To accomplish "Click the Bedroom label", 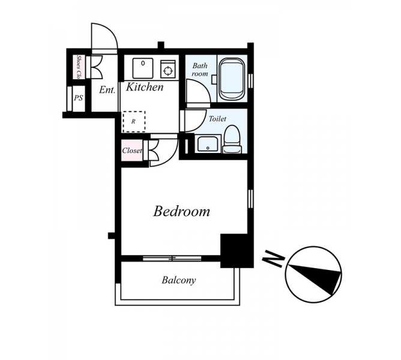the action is point(181,211).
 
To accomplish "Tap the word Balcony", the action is point(179,280).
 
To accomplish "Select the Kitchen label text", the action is point(145,87).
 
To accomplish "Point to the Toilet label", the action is point(217,119).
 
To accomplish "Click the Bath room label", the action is point(200,70).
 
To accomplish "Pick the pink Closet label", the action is point(132,151).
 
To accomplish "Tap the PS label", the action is point(79,98).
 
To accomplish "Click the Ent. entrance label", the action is point(107,90).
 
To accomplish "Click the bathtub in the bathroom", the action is point(232,79).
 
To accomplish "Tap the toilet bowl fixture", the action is point(232,139).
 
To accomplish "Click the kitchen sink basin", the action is point(143,68).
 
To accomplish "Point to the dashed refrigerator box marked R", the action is point(134,121).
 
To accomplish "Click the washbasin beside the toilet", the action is point(208,144).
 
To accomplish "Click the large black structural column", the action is point(237,251).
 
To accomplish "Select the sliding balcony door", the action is point(172,259).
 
